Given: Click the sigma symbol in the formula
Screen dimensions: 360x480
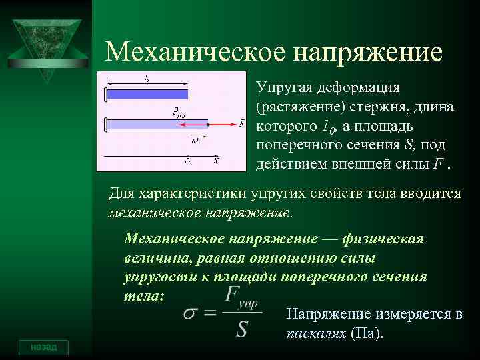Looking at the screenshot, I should (191, 313).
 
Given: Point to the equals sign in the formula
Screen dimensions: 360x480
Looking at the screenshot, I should (211, 314).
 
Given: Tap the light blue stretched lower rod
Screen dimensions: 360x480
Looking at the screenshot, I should (157, 124).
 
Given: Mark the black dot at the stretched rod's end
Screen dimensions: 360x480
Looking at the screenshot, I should (208, 124).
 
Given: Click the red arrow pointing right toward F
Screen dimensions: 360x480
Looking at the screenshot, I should (223, 124).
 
